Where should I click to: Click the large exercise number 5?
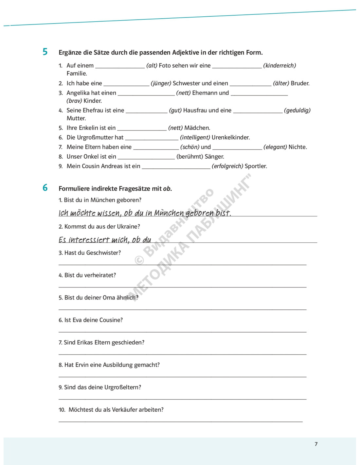click(45, 52)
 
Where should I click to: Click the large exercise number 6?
click(45, 188)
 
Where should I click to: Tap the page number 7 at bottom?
click(316, 444)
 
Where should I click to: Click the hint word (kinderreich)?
click(279, 66)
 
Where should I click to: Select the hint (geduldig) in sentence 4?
click(297, 111)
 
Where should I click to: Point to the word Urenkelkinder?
click(231, 138)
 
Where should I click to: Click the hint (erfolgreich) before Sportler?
click(227, 166)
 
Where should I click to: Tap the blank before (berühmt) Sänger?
click(146, 158)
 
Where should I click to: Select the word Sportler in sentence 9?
click(256, 166)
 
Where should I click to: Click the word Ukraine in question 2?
click(129, 227)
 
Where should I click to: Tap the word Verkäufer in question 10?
click(124, 410)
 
